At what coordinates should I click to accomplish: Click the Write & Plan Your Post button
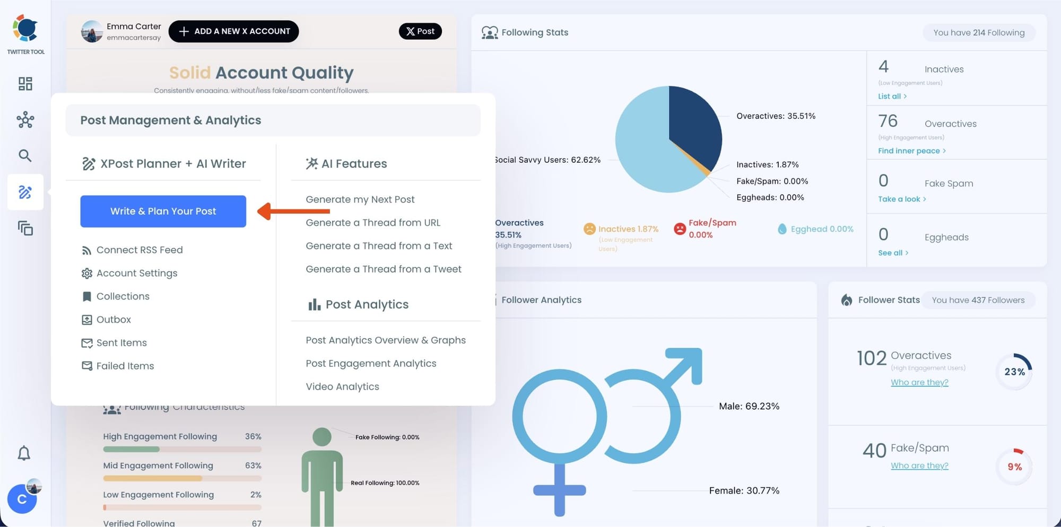(163, 211)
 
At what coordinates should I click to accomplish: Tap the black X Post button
(420, 31)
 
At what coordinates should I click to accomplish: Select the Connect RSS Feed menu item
(139, 250)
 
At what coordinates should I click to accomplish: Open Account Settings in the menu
(136, 273)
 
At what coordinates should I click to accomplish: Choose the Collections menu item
(123, 296)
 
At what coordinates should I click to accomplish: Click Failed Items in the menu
(125, 366)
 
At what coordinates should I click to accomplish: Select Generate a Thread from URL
(373, 223)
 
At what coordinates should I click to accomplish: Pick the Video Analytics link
(342, 387)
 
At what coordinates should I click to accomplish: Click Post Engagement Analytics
(371, 363)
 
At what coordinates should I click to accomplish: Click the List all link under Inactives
(892, 96)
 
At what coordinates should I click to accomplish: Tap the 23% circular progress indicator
(1014, 372)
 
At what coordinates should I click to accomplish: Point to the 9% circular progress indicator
(1014, 467)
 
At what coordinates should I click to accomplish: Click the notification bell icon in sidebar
(24, 453)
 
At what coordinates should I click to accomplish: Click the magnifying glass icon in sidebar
(25, 155)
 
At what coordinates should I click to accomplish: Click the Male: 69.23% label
(749, 406)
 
